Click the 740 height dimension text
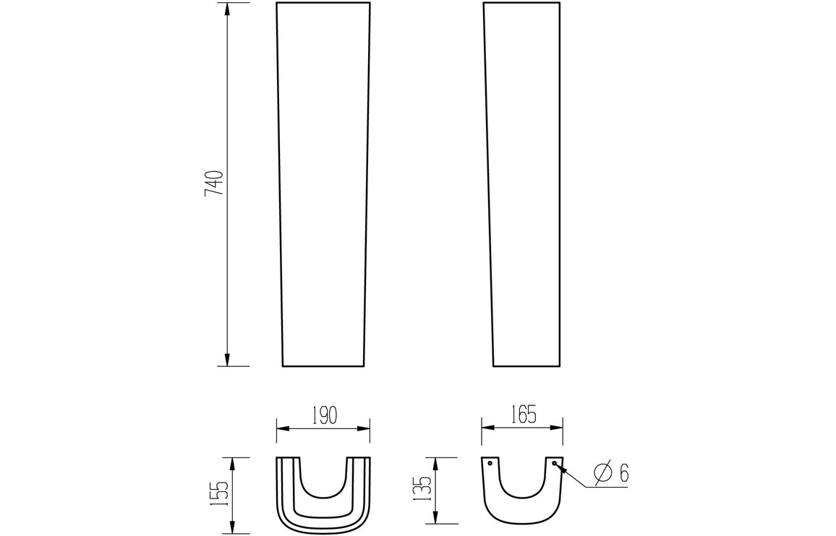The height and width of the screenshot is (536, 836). click(x=213, y=184)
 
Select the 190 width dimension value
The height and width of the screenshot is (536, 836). click(x=323, y=415)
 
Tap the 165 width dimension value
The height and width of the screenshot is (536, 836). click(x=522, y=415)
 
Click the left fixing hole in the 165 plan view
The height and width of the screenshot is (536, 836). click(x=490, y=463)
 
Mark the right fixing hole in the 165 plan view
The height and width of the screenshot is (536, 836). click(x=554, y=463)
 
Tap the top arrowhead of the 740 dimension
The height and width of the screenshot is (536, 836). click(x=228, y=9)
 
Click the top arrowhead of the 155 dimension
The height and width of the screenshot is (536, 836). click(x=231, y=462)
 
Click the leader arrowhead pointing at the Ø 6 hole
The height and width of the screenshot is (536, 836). click(x=560, y=468)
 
